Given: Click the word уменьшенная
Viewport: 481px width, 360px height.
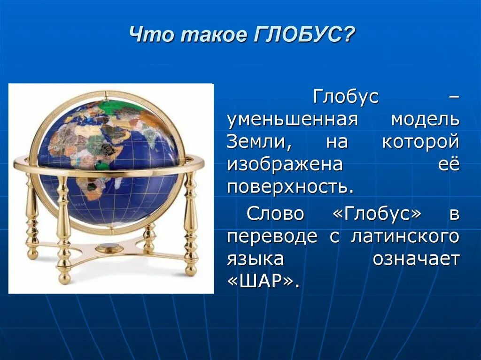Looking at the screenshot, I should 293,120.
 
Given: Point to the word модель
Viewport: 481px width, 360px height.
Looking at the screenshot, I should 425,120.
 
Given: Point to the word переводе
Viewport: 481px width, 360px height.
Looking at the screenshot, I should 272,237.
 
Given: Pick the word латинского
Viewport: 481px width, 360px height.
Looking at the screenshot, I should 404,237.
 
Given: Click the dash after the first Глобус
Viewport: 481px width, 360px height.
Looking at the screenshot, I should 453,98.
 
